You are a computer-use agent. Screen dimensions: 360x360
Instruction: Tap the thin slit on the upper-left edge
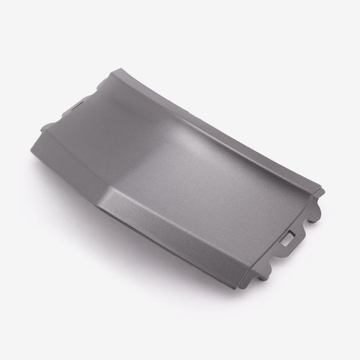click(x=79, y=104)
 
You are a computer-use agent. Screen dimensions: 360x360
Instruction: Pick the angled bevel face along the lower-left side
click(x=128, y=223)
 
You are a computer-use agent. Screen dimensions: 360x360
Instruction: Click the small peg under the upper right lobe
click(x=315, y=220)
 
